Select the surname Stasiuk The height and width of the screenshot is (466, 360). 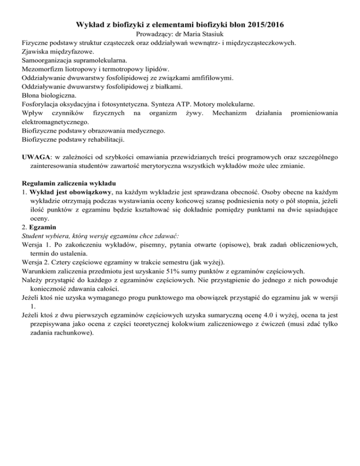tap(211, 34)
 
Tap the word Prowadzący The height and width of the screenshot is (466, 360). tap(153, 34)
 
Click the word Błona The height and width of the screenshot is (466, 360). tap(32, 95)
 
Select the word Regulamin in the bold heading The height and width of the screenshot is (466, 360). tap(40, 182)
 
